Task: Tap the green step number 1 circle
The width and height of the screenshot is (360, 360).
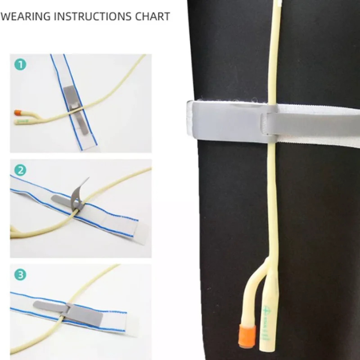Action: coord(20,64)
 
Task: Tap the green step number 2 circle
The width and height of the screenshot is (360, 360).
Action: coord(20,170)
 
